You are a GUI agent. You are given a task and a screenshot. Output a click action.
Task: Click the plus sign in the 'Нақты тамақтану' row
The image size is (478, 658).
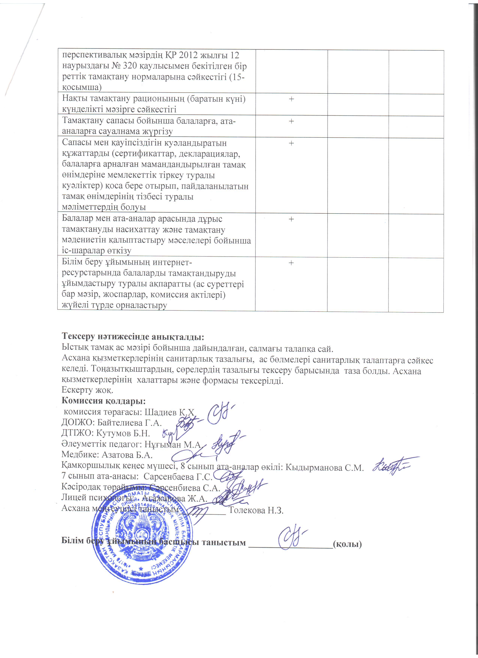click(x=291, y=99)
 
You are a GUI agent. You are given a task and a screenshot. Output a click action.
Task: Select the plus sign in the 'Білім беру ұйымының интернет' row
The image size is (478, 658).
click(x=291, y=263)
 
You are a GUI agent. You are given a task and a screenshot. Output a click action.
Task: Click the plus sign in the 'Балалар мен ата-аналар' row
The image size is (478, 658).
click(x=291, y=219)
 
